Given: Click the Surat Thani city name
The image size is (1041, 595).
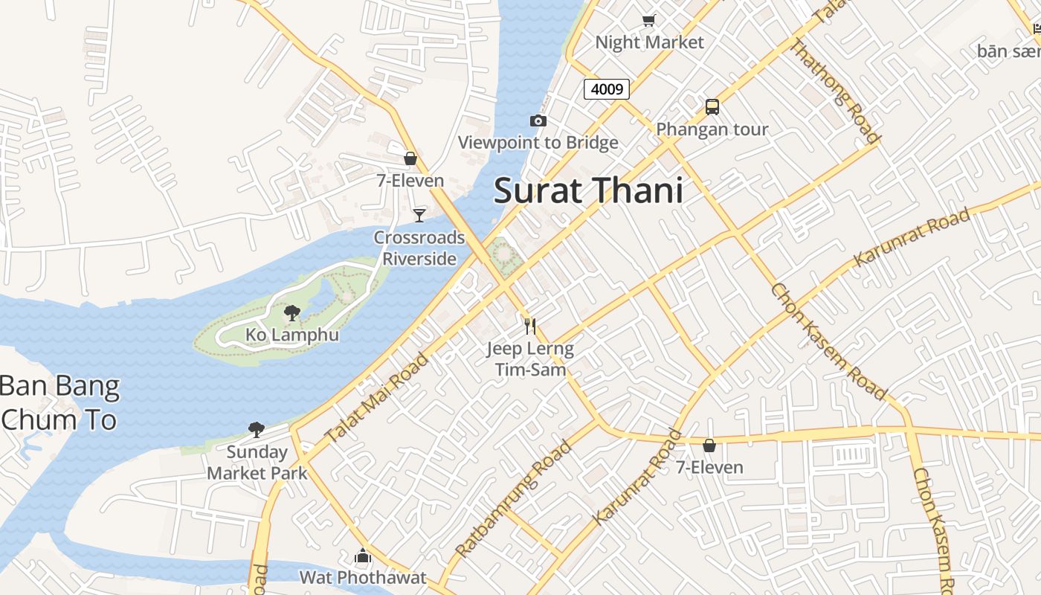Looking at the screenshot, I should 588,190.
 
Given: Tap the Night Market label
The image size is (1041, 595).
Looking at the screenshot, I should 649,42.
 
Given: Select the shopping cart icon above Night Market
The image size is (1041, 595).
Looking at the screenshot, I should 649,20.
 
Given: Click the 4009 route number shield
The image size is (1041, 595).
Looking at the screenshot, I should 607,89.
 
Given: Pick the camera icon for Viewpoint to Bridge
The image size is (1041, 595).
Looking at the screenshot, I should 538,120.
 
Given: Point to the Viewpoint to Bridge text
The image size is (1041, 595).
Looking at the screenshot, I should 538,143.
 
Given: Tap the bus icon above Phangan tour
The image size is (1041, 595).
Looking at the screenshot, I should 712,106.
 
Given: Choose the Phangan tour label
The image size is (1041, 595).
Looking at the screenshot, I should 712,129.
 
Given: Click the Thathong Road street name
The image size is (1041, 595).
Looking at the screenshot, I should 834,91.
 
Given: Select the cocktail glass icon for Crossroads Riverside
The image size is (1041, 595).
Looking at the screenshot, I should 419,215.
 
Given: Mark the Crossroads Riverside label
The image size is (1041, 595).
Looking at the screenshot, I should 419,248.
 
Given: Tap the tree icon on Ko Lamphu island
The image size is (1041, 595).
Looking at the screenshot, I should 292,312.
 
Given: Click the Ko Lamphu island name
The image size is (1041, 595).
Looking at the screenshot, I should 292,335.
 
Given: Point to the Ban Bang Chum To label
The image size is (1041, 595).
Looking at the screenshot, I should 59,403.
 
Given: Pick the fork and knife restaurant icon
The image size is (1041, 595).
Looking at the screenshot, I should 529,326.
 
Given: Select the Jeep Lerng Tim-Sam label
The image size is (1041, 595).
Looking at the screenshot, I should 530,358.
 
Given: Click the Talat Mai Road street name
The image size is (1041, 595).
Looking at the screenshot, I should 378,399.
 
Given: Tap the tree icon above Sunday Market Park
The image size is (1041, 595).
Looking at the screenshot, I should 257,429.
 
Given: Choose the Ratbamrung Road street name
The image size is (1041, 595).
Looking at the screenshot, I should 514,498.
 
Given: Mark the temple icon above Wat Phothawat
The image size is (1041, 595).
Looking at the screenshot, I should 363,556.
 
